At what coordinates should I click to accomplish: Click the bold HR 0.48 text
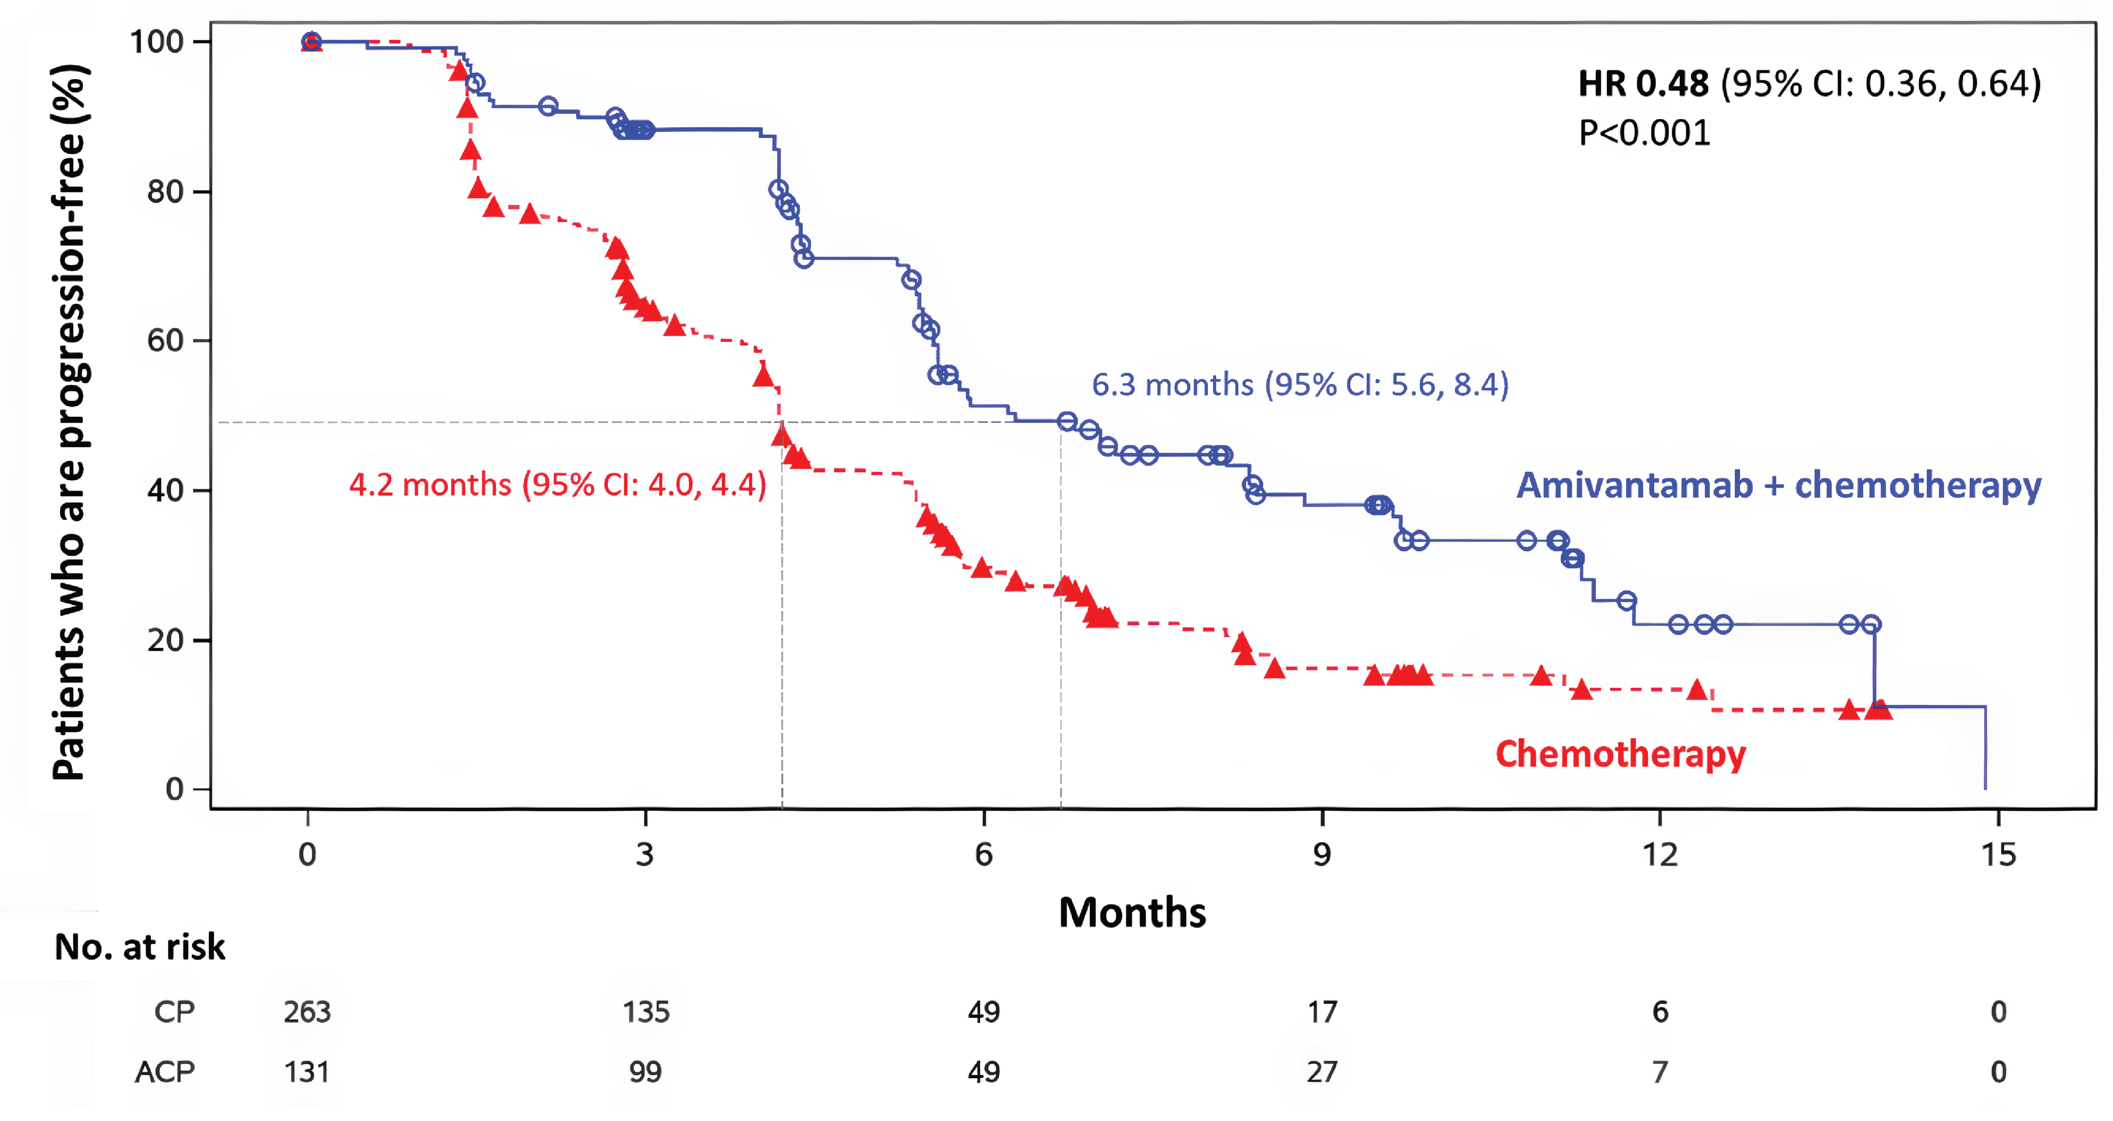(x=1643, y=83)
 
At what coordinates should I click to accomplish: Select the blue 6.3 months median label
(x=1300, y=384)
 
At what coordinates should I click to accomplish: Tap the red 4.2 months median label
(x=558, y=485)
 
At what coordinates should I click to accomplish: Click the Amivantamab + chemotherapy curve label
(x=1778, y=485)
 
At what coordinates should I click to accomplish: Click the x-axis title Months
(x=1132, y=913)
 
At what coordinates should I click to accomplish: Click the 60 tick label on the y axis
(x=165, y=341)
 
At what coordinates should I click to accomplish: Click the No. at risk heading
(x=139, y=947)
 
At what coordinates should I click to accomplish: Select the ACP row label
(x=165, y=1072)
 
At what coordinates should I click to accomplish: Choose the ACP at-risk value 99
(x=645, y=1072)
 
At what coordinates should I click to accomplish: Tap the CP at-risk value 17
(x=1321, y=1012)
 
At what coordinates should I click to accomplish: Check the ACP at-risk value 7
(x=1660, y=1072)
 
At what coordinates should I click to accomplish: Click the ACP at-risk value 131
(x=307, y=1072)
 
